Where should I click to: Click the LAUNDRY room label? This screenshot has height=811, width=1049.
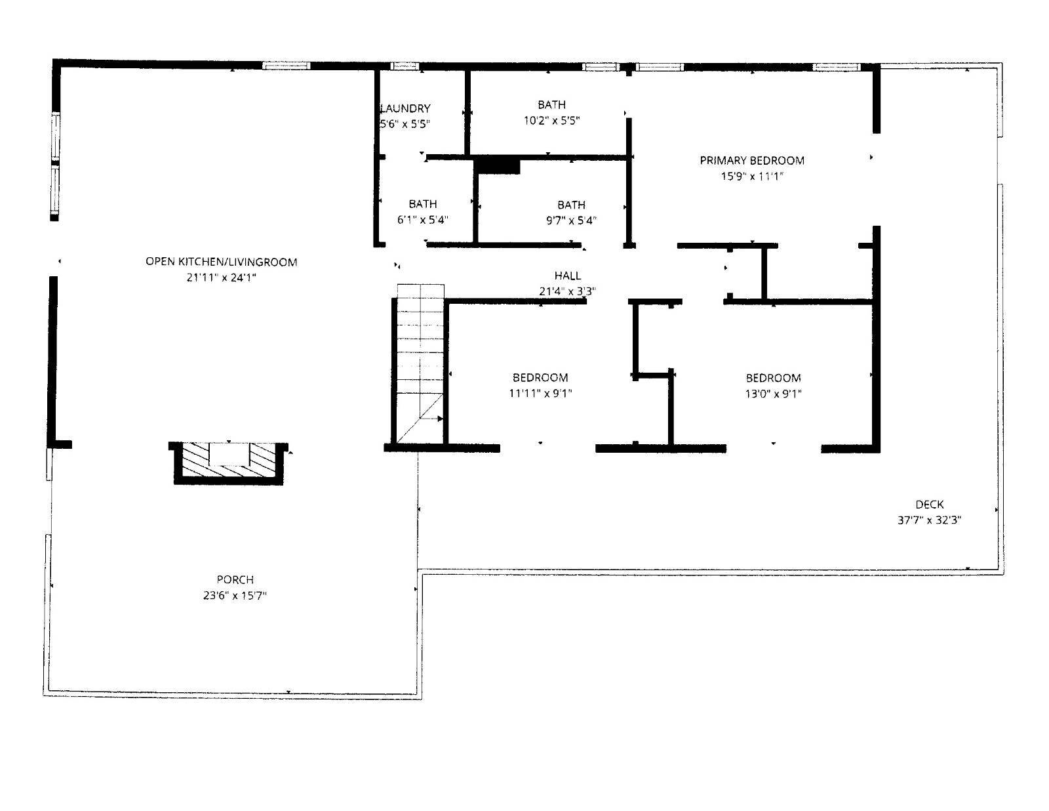pyautogui.click(x=406, y=108)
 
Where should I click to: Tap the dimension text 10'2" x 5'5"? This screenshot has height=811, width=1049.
pyautogui.click(x=552, y=121)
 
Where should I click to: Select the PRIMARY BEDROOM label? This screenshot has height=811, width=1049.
pyautogui.click(x=752, y=160)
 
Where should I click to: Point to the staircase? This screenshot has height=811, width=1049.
pyautogui.click(x=420, y=364)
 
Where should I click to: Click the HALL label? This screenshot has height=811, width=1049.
pyautogui.click(x=568, y=276)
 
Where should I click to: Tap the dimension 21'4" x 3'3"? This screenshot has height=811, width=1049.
pyautogui.click(x=568, y=291)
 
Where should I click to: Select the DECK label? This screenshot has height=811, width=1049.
pyautogui.click(x=930, y=504)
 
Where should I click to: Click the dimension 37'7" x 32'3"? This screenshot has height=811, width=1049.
pyautogui.click(x=930, y=520)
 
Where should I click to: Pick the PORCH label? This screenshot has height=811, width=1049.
pyautogui.click(x=235, y=579)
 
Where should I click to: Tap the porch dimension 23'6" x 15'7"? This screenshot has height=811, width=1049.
pyautogui.click(x=235, y=596)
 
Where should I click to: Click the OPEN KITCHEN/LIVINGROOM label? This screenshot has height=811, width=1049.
pyautogui.click(x=221, y=262)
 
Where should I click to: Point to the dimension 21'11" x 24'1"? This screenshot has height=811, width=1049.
pyautogui.click(x=221, y=278)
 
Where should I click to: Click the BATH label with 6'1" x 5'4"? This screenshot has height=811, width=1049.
pyautogui.click(x=423, y=204)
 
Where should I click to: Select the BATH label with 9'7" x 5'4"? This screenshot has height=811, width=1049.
pyautogui.click(x=572, y=205)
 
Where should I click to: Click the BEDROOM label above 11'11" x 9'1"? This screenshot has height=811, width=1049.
pyautogui.click(x=540, y=377)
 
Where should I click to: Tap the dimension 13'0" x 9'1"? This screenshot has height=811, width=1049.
pyautogui.click(x=774, y=394)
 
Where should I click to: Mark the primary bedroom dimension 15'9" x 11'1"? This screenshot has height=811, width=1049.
pyautogui.click(x=752, y=176)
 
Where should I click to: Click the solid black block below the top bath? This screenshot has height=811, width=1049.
pyautogui.click(x=499, y=165)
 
